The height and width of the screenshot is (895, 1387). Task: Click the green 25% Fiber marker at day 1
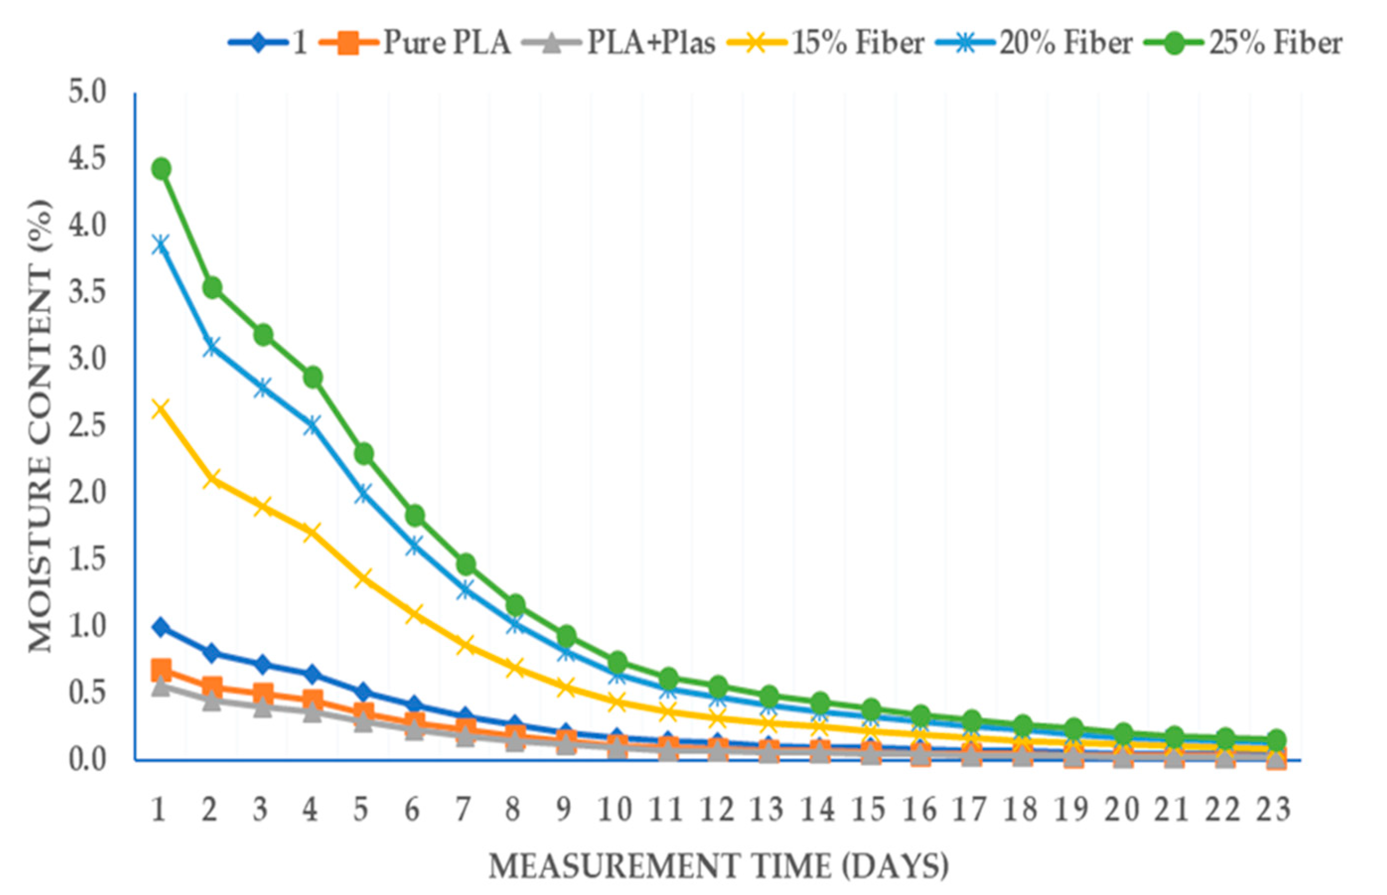tap(161, 169)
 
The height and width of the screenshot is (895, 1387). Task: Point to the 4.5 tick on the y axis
tap(87, 159)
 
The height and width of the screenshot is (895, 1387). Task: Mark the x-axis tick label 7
tap(463, 810)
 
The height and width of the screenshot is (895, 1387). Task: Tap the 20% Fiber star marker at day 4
tap(312, 424)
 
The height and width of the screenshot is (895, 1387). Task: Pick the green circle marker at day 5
tap(364, 453)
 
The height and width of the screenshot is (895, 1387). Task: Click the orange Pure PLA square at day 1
tap(161, 669)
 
